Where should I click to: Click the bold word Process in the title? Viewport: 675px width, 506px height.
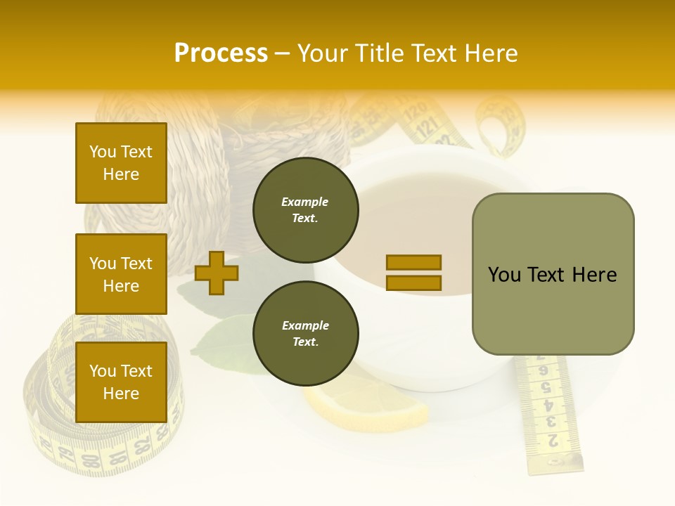[x=221, y=53]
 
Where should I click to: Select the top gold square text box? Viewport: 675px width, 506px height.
[x=121, y=163]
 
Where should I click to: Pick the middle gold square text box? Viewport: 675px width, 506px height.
[x=121, y=274]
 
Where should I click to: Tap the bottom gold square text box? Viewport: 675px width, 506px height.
[x=121, y=382]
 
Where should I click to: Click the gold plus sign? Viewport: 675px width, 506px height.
[x=216, y=273]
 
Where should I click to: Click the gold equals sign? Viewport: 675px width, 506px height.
[x=413, y=273]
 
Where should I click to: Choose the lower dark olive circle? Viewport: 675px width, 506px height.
[x=305, y=334]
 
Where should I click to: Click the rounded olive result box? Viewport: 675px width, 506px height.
[x=553, y=274]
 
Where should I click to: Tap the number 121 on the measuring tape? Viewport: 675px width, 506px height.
[x=427, y=128]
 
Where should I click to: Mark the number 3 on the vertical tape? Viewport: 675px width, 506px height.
[x=551, y=422]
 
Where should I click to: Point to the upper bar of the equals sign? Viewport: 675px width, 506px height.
[x=413, y=262]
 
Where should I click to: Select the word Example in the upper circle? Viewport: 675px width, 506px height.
[x=304, y=202]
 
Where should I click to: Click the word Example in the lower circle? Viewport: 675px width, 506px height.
[x=305, y=325]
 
